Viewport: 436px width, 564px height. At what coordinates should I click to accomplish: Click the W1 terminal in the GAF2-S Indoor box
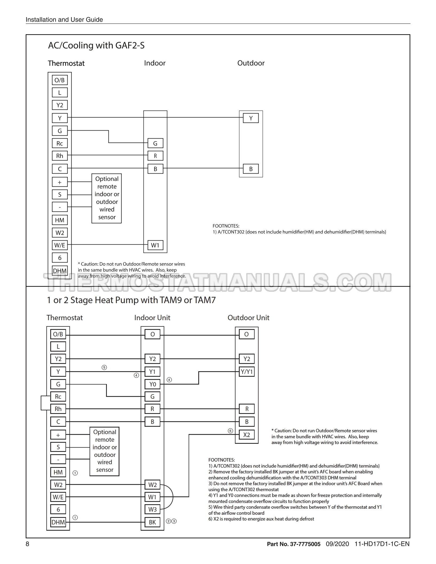pos(155,245)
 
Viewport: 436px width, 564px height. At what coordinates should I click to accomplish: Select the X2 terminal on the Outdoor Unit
pos(247,435)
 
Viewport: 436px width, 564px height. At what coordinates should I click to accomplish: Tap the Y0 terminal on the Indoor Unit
pos(153,384)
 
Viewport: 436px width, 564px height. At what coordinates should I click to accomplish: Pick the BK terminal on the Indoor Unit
pos(153,522)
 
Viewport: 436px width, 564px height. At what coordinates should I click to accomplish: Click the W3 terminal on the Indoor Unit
pos(153,509)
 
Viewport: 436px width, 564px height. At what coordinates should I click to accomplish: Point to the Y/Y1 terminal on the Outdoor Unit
pos(247,371)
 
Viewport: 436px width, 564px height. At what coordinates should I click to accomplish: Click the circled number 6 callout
pos(230,431)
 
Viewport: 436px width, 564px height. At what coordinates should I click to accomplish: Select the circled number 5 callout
pos(104,367)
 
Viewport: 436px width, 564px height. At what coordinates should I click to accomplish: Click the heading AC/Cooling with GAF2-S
pos(96,45)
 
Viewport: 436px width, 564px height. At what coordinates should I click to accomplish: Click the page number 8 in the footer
pos(28,544)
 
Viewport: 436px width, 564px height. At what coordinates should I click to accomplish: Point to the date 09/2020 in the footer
pos(337,544)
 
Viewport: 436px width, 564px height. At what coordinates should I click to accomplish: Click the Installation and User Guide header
pos(64,19)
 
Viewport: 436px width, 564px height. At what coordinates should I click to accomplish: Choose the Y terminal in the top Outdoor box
pos(251,118)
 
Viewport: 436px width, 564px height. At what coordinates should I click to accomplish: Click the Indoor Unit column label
pos(152,318)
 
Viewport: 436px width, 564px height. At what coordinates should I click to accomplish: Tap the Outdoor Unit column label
pos(248,318)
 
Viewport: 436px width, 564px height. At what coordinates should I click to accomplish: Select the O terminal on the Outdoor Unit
pos(247,334)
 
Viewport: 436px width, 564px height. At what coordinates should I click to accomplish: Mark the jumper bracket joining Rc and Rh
pos(42,403)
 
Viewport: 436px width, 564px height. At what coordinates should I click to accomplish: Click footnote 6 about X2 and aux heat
pos(261,519)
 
